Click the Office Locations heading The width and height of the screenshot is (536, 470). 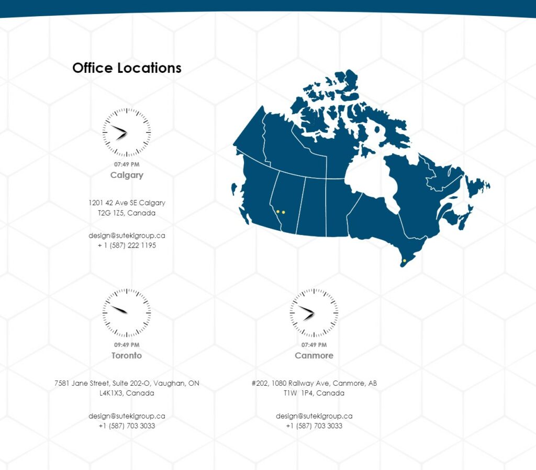point(127,68)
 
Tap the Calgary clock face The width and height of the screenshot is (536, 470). point(127,132)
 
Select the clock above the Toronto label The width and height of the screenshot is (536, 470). point(127,313)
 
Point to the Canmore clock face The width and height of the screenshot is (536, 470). point(314,313)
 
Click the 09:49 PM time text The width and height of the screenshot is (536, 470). point(127,345)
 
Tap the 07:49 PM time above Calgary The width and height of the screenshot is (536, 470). point(127,164)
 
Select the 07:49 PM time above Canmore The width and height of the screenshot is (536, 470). point(314,345)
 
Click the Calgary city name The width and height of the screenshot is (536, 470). point(127,175)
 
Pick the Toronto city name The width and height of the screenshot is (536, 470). point(127,355)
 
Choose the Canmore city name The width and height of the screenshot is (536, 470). point(314,355)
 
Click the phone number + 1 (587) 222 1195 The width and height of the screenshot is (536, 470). point(127,245)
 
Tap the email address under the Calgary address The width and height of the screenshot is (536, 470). point(127,236)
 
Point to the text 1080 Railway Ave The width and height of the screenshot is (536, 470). point(300,383)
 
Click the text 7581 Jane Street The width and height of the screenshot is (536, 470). point(82,383)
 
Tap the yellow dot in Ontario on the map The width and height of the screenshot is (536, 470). point(405,261)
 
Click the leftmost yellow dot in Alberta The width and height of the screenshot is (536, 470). point(278,212)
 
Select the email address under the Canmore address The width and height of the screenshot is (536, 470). point(314,416)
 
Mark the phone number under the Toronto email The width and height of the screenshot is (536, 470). point(127,426)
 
